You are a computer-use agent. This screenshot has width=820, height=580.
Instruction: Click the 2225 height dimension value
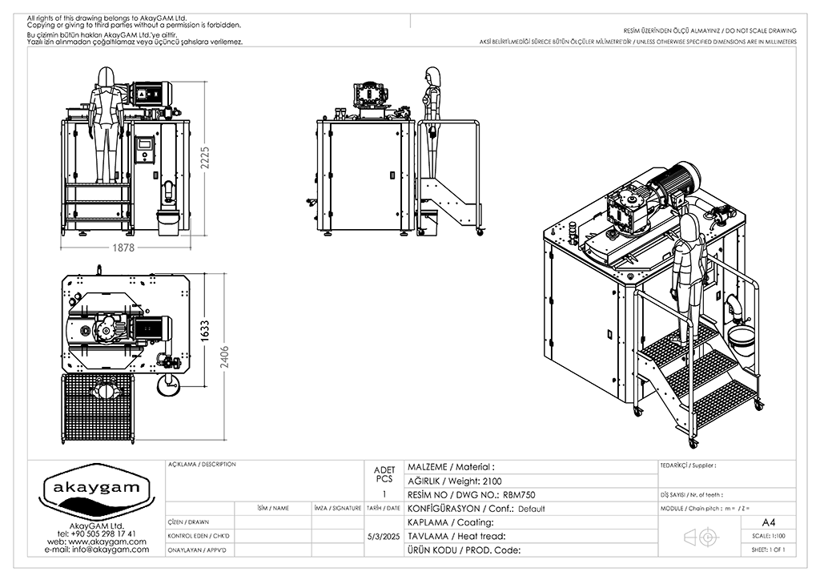click(207, 165)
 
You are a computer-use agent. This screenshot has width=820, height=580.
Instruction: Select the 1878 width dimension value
click(124, 248)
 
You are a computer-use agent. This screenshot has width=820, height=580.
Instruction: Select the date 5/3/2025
click(383, 536)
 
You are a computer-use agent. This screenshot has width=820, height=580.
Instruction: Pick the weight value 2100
click(493, 481)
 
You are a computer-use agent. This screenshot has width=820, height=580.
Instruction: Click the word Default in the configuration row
click(531, 509)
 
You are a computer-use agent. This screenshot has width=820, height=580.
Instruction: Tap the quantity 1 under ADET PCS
click(384, 495)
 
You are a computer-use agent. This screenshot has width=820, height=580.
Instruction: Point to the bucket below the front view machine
click(167, 223)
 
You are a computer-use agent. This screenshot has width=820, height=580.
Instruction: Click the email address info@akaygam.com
click(97, 550)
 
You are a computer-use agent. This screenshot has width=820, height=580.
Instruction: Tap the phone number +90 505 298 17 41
click(97, 533)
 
